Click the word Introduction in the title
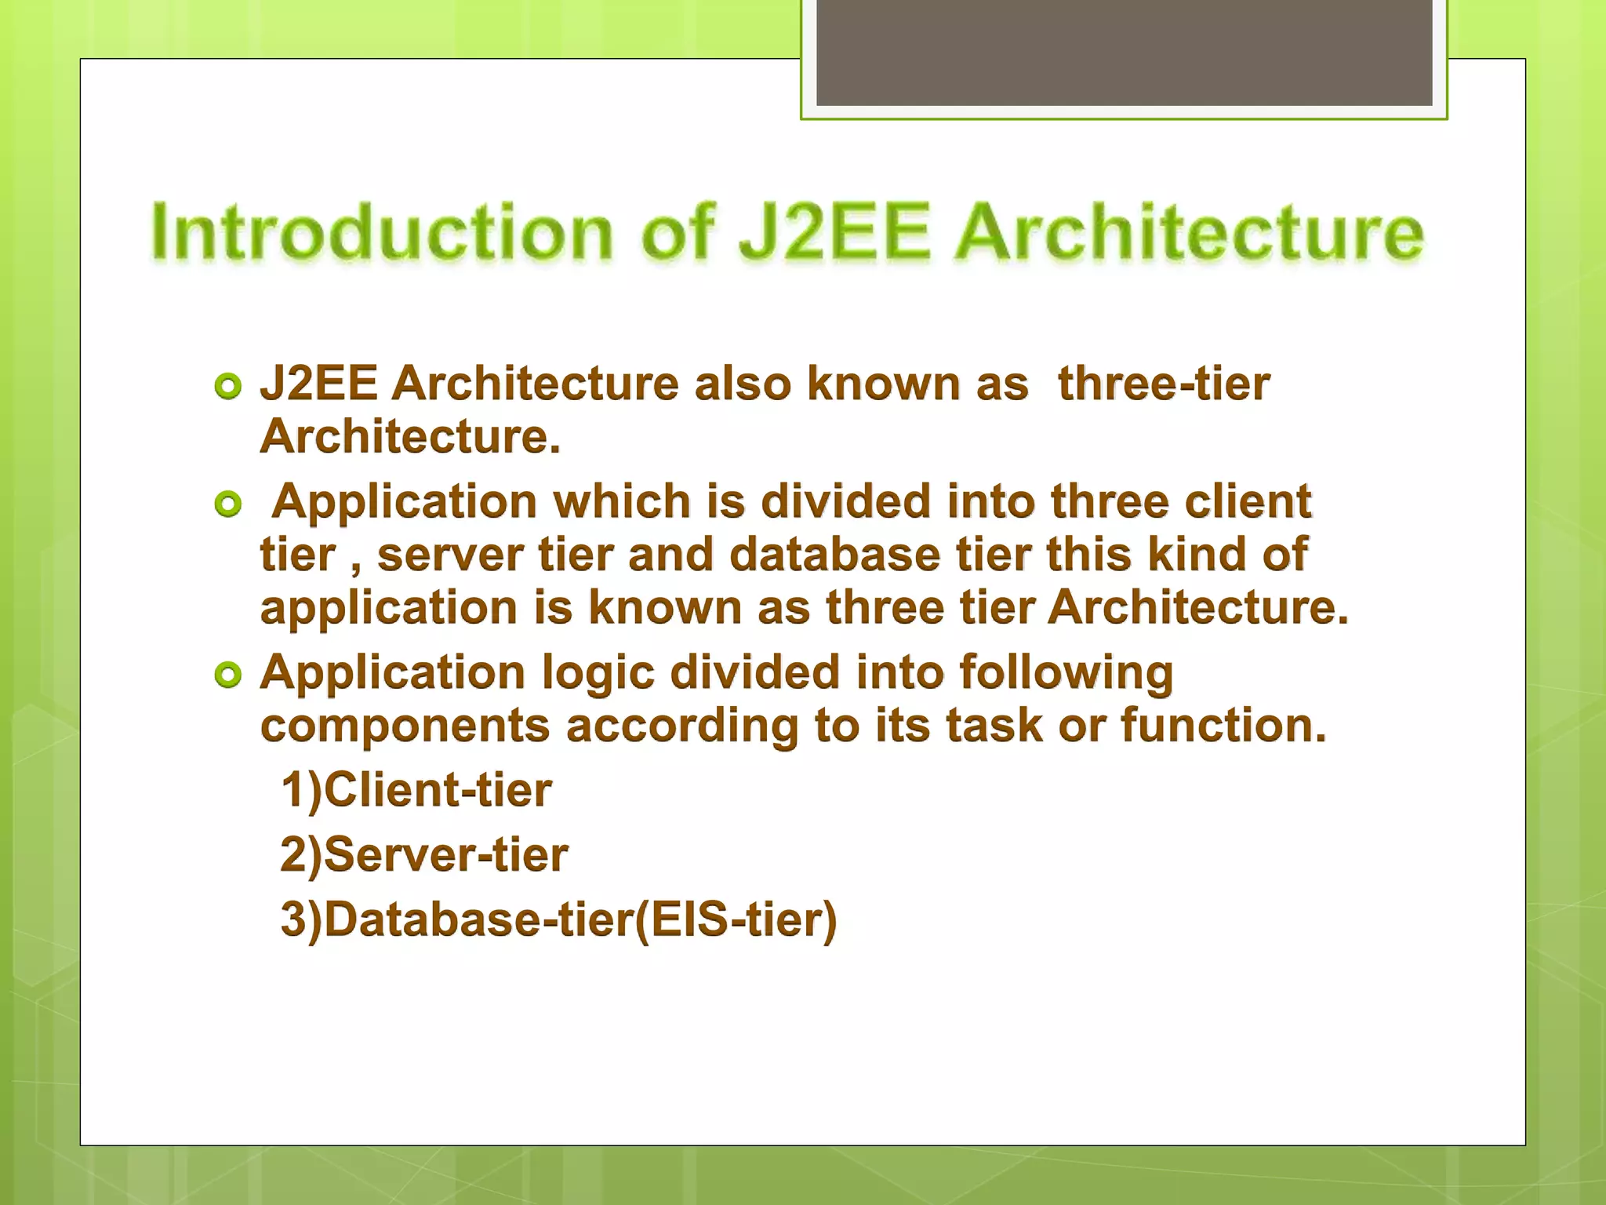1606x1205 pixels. [x=382, y=232]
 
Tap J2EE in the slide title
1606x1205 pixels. [x=834, y=232]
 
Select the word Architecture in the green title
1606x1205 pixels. [x=1189, y=232]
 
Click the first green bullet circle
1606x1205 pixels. [x=228, y=387]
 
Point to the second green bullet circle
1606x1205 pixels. [x=228, y=504]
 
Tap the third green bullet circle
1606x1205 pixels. [x=228, y=675]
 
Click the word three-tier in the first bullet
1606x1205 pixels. [x=1163, y=384]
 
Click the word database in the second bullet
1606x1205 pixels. [x=834, y=555]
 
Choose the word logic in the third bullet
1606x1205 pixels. [x=598, y=674]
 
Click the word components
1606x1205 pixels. [x=405, y=726]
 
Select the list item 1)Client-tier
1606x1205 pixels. [x=416, y=790]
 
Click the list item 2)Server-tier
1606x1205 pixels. [x=424, y=854]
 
